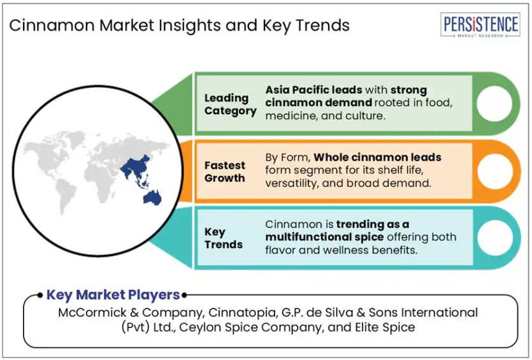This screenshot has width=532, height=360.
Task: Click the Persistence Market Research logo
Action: [x=480, y=25]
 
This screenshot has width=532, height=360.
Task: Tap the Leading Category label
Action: [x=231, y=104]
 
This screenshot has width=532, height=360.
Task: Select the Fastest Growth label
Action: [x=225, y=171]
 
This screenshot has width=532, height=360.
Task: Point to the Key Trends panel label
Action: [x=223, y=238]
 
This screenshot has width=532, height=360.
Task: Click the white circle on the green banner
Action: [x=494, y=104]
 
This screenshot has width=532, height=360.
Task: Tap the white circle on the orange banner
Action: [x=495, y=171]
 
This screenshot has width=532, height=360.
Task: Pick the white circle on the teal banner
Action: [x=495, y=238]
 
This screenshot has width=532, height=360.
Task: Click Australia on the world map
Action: [x=152, y=198]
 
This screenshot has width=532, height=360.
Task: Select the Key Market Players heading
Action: [x=113, y=294]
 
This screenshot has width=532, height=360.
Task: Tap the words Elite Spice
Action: [x=385, y=328]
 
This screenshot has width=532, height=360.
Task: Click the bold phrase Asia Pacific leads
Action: [x=314, y=90]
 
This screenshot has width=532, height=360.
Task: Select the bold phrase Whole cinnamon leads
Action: [x=378, y=157]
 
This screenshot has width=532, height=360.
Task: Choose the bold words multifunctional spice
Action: [x=324, y=237]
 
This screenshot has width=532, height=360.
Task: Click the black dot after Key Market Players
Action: [x=184, y=295]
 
